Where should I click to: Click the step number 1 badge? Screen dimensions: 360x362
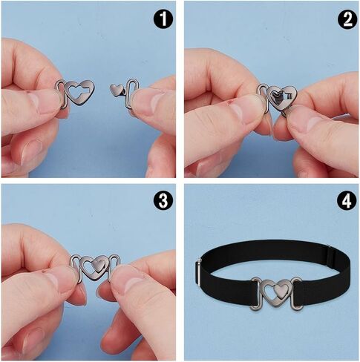tap(163, 19)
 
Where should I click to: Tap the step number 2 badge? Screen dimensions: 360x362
tap(347, 19)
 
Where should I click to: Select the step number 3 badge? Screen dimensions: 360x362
tap(163, 200)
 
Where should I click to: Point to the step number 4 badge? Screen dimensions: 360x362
tap(347, 200)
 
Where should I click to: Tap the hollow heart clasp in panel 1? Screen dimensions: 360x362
tap(80, 93)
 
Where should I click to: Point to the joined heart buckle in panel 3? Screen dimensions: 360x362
tap(94, 269)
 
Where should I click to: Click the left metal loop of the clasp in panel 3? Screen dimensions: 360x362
tap(76, 269)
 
